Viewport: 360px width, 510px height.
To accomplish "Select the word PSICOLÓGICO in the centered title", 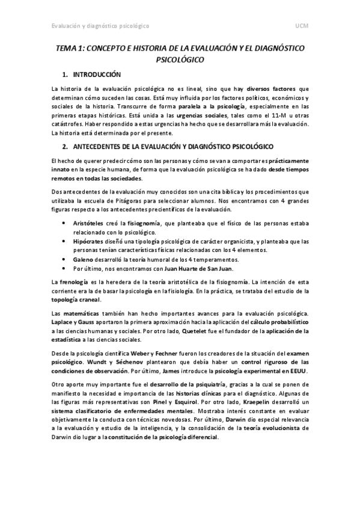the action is point(180,60).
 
